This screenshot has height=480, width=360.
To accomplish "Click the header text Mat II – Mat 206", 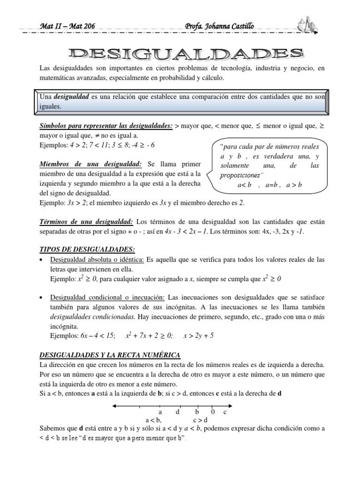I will pyautogui.click(x=67, y=26).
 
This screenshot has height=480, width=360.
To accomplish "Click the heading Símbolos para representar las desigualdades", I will pyautogui.click(x=106, y=127).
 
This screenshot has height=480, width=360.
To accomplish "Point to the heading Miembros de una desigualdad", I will pyautogui.click(x=91, y=165).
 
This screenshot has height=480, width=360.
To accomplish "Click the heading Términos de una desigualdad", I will pyautogui.click(x=87, y=221).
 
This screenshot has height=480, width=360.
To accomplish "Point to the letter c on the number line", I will pyautogui.click(x=225, y=412).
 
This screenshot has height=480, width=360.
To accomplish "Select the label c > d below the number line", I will pyautogui.click(x=200, y=420).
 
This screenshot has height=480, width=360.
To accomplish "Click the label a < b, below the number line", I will pyautogui.click(x=154, y=420).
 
